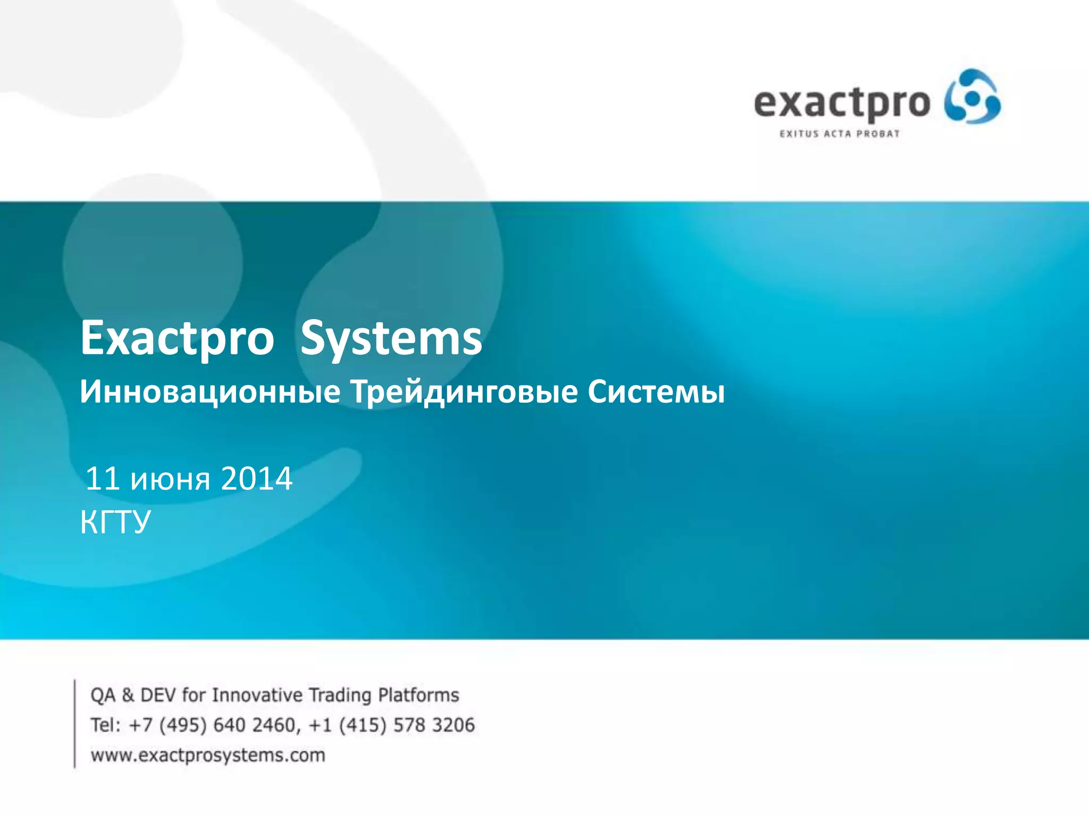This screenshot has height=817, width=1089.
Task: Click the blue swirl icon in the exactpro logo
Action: point(972,97)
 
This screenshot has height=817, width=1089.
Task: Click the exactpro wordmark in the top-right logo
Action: point(841,103)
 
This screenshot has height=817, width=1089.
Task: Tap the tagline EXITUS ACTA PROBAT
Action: point(839,134)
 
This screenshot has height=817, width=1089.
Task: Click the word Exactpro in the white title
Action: point(177,338)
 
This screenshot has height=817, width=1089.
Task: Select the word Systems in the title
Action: point(391,338)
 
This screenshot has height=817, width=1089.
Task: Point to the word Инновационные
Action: point(210,392)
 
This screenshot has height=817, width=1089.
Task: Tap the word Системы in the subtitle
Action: point(656,392)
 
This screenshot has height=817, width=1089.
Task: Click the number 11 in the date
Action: point(102,478)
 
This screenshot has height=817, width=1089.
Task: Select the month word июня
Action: point(170,479)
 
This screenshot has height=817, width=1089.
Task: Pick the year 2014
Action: point(256,478)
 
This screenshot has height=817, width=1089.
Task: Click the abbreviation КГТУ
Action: point(115,522)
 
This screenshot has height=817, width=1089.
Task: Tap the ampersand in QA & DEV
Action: point(128,695)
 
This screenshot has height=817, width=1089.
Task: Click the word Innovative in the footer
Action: point(257,695)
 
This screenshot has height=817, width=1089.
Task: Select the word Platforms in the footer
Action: point(418,695)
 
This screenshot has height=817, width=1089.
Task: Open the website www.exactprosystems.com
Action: point(208,755)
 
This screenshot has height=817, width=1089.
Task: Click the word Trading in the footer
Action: point(340,695)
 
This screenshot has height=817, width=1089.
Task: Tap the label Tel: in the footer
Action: point(106,725)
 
